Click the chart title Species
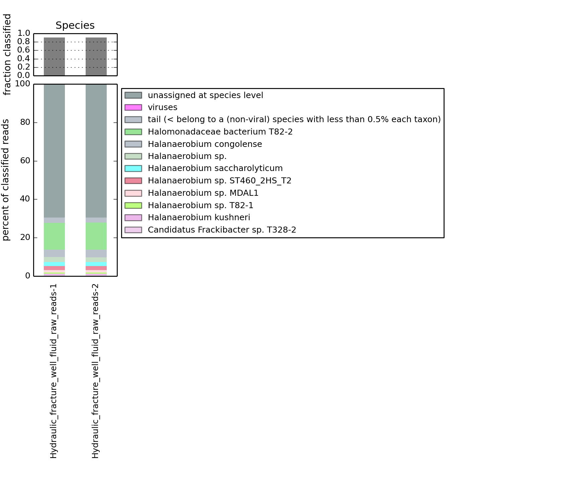[75, 25]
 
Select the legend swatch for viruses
[133, 107]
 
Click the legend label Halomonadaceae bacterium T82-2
[220, 132]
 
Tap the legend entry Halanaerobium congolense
[205, 144]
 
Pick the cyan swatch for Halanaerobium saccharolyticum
[133, 168]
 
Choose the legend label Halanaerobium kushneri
[199, 218]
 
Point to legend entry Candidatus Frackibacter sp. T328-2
[222, 230]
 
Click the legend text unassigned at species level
[205, 95]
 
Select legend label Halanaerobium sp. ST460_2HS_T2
[219, 181]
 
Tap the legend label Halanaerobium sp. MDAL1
[203, 193]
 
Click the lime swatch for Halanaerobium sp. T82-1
[133, 205]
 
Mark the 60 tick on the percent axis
[25, 161]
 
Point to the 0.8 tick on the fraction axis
[23, 41]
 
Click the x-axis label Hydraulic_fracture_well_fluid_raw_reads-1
[54, 371]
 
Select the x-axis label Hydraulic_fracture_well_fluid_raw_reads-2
[95, 371]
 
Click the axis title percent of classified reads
[6, 180]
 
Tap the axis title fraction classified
[7, 55]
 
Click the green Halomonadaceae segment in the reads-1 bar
[54, 236]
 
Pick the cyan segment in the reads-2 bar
[96, 264]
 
